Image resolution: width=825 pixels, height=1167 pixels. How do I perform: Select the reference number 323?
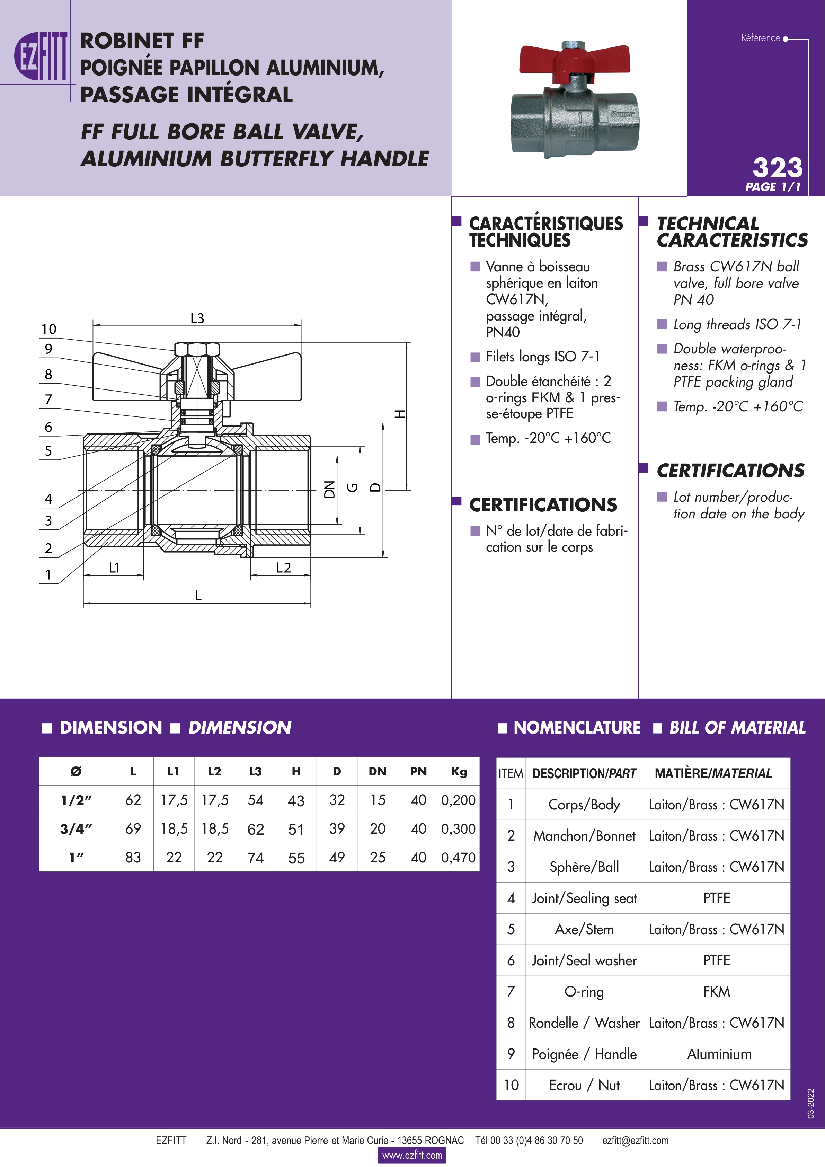tap(777, 168)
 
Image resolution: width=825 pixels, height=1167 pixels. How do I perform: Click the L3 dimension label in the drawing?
tap(197, 318)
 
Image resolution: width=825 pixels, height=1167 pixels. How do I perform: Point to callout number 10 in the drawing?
tap(49, 330)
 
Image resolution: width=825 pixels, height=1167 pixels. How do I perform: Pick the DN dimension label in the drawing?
tap(330, 490)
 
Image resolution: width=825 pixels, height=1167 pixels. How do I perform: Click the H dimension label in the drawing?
tap(401, 414)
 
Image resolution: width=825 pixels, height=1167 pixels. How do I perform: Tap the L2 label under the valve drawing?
tap(283, 568)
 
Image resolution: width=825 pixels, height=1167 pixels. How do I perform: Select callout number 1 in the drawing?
tap(48, 575)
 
